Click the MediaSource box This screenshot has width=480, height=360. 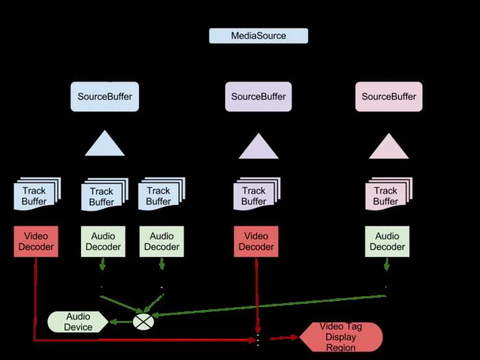(259, 36)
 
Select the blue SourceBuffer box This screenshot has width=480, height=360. (105, 97)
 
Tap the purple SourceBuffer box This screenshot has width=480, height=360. (259, 97)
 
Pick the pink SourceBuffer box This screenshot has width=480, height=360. (389, 97)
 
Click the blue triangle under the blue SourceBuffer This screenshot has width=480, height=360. (105, 146)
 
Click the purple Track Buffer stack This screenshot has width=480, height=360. (257, 194)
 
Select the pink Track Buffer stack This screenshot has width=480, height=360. (389, 194)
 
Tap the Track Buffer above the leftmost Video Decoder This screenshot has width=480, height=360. (37, 194)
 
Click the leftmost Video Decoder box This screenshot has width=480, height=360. (36, 241)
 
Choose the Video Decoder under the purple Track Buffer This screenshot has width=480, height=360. (256, 241)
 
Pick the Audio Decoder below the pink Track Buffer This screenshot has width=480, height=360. (387, 241)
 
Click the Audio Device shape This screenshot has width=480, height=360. (78, 322)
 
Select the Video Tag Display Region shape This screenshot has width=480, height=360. (341, 337)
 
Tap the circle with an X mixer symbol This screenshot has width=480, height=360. (143, 322)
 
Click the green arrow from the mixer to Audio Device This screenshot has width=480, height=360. (121, 322)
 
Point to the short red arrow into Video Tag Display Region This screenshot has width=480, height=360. (284, 337)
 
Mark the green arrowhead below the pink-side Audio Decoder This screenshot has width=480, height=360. (387, 266)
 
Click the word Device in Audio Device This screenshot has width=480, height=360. (78, 327)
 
